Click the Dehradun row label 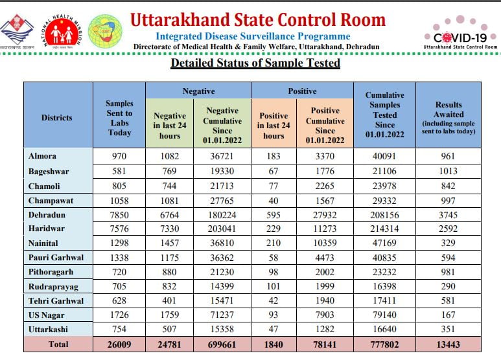(x=47, y=215)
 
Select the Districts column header (x=57, y=118)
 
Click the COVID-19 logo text (x=460, y=38)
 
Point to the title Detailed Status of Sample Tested (x=255, y=63)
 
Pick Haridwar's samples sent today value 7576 (x=119, y=229)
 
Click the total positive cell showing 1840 (x=273, y=344)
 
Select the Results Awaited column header (x=449, y=118)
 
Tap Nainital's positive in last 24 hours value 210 (x=273, y=243)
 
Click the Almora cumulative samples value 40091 (x=384, y=156)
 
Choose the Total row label (x=58, y=344)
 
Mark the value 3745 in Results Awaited (x=449, y=215)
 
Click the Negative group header (x=198, y=91)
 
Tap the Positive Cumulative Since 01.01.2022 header (x=325, y=126)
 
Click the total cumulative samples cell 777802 (x=384, y=344)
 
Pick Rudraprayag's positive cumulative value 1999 (x=325, y=287)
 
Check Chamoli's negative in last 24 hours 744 (x=170, y=186)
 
